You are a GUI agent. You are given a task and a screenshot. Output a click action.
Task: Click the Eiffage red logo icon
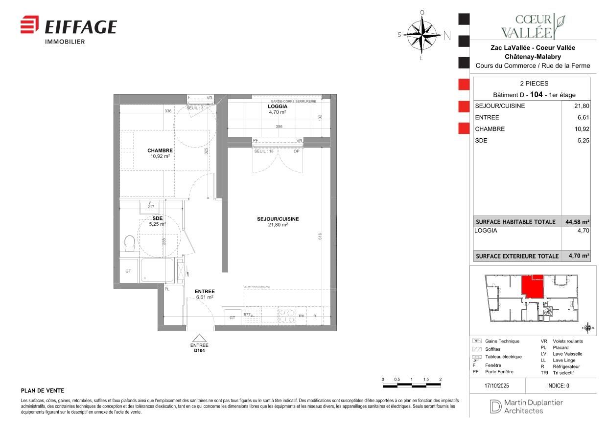click(29, 25)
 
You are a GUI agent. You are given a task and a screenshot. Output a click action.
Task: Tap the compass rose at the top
click(422, 34)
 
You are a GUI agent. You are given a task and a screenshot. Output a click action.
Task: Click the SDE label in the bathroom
click(157, 218)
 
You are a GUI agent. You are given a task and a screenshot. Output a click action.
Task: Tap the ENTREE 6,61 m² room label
click(204, 294)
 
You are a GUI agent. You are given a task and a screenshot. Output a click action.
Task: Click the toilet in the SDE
click(130, 242)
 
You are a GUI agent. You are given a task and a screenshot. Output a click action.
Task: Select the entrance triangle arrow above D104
click(199, 338)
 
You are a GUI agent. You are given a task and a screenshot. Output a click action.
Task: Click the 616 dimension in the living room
click(320, 236)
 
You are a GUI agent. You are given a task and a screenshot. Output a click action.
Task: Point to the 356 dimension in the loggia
click(279, 127)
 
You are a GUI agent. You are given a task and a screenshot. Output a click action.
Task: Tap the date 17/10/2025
click(497, 385)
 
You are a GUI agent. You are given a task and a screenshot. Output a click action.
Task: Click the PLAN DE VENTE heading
click(43, 391)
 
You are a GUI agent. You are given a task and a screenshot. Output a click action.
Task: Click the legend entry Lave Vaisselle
click(567, 354)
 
